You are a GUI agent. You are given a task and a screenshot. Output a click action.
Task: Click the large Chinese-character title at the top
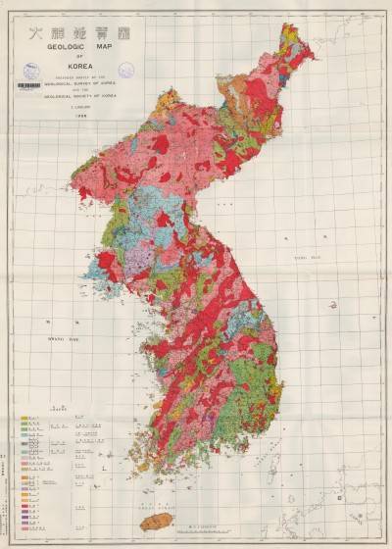(x=89, y=30)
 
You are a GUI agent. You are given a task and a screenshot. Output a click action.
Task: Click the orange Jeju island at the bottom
(x=157, y=521)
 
